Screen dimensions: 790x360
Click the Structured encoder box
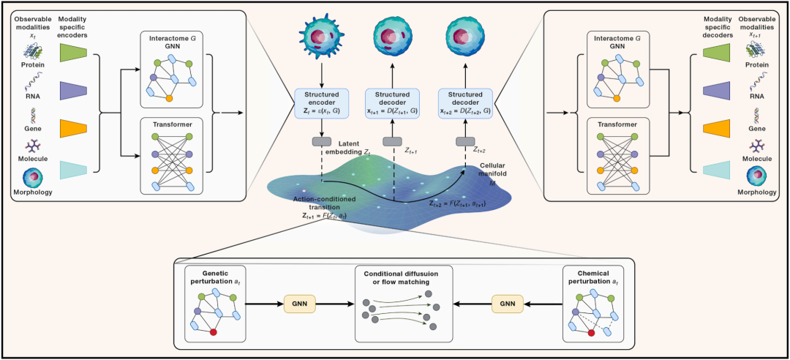321,102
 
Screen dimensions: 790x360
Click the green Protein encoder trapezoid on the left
74,53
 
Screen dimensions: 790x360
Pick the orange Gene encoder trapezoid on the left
74,129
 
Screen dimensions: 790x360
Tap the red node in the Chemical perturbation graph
591,333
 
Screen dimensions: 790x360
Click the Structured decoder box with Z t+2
466,102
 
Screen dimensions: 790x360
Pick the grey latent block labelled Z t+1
393,142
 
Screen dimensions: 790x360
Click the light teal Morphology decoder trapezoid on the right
716,170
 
